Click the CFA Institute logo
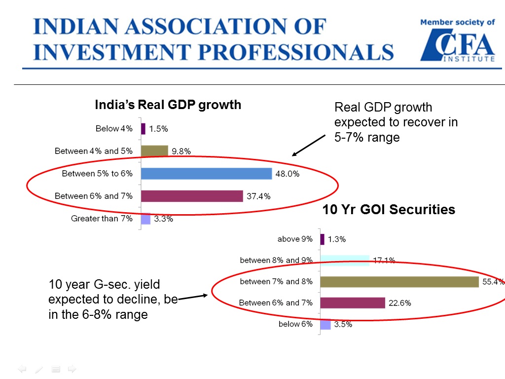click(457, 45)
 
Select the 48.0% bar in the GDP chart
click(206, 174)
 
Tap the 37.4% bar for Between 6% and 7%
click(192, 196)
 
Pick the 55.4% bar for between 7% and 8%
click(399, 282)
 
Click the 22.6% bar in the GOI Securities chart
click(353, 303)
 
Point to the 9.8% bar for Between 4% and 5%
click(154, 151)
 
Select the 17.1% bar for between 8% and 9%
click(345, 260)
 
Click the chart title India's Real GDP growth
click(168, 105)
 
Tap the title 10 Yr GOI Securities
click(389, 210)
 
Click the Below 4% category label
click(114, 129)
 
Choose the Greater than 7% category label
click(102, 218)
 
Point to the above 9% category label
click(295, 239)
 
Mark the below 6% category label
click(295, 324)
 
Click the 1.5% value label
click(159, 129)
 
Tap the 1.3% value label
click(337, 239)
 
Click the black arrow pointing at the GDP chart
click(309, 145)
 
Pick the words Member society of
click(457, 22)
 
